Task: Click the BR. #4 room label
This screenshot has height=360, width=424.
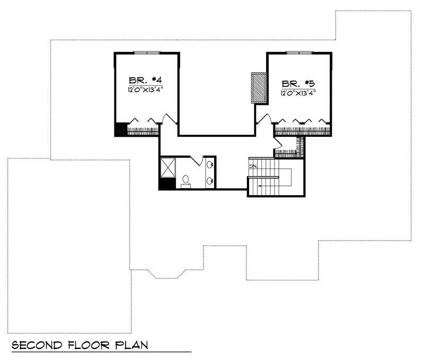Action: pyautogui.click(x=144, y=81)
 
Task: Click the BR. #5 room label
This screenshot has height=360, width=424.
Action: pyautogui.click(x=298, y=83)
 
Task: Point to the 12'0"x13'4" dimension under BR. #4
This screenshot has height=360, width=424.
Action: pyautogui.click(x=144, y=90)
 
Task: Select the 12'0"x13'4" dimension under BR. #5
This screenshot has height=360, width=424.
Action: pyautogui.click(x=298, y=93)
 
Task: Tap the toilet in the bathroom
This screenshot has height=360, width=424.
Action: pyautogui.click(x=185, y=181)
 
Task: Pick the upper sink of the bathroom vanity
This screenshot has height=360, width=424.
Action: pyautogui.click(x=210, y=164)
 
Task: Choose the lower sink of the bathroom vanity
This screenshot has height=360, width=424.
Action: pyautogui.click(x=210, y=181)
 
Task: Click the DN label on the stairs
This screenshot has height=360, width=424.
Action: pyautogui.click(x=253, y=166)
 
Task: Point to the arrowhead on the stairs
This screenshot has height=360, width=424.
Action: pyautogui.click(x=260, y=186)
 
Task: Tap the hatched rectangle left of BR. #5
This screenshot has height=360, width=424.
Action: pyautogui.click(x=259, y=88)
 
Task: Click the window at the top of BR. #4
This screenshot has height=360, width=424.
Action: pyautogui.click(x=146, y=52)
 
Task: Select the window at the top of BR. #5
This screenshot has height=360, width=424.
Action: pyautogui.click(x=299, y=52)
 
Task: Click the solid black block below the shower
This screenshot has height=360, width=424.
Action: pyautogui.click(x=166, y=183)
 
